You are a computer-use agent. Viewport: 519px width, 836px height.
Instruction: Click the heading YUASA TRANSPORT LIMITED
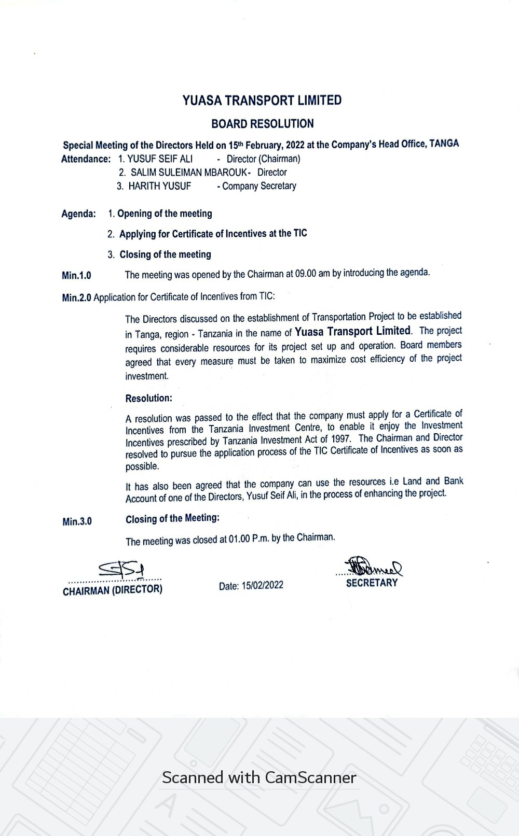[262, 101]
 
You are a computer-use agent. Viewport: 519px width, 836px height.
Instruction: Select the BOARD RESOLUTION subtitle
[262, 124]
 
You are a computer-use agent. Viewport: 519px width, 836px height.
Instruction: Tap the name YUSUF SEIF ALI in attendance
[160, 159]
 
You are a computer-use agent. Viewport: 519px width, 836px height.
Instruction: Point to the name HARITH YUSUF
[159, 186]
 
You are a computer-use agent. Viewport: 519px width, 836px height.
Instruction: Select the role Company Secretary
[259, 186]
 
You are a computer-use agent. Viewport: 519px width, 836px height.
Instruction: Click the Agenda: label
[78, 214]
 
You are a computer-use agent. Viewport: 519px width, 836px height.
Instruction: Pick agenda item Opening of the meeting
[165, 214]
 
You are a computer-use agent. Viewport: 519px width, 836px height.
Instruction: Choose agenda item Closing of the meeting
[165, 254]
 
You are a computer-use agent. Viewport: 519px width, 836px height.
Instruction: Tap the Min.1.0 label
[76, 276]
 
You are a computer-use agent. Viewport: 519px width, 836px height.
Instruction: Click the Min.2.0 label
[76, 298]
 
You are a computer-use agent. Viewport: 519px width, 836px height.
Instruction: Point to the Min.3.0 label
[77, 521]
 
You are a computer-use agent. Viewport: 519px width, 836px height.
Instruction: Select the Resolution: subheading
[148, 399]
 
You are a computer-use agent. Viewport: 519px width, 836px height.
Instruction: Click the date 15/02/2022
[266, 585]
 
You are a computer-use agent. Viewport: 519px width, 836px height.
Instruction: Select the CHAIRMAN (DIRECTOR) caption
[112, 590]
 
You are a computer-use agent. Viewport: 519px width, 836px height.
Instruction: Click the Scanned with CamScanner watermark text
[259, 777]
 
